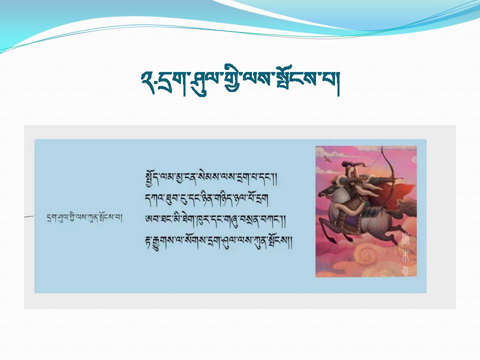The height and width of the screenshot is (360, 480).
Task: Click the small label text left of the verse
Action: click(x=85, y=218)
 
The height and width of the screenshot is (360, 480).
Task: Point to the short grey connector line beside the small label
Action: click(x=29, y=216)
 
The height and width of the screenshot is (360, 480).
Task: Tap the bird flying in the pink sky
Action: click(x=327, y=158)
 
